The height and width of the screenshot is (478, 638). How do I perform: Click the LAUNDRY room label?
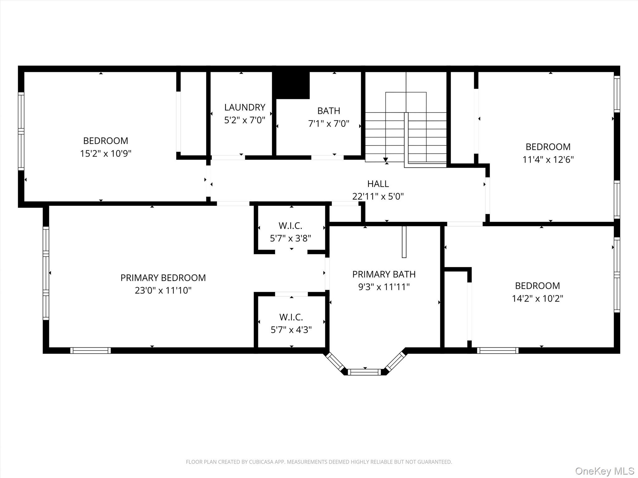click(245, 107)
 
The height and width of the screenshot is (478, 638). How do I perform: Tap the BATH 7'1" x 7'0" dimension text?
click(329, 124)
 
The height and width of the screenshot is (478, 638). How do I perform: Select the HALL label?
click(378, 184)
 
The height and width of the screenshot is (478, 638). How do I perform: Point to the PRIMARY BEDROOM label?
click(163, 278)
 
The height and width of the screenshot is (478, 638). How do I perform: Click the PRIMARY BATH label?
click(384, 274)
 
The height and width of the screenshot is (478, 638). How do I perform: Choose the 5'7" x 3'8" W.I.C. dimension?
click(290, 238)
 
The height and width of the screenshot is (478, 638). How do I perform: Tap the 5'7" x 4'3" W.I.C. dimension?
click(291, 330)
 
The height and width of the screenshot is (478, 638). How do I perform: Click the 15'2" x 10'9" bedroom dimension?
click(106, 154)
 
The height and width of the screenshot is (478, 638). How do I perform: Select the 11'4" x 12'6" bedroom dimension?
click(548, 160)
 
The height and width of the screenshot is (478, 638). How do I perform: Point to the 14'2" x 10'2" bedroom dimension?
click(537, 299)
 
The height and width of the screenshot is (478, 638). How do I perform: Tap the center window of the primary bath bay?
click(364, 372)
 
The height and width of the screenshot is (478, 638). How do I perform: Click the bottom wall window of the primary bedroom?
click(90, 350)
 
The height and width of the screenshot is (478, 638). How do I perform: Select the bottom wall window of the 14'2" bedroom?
click(498, 350)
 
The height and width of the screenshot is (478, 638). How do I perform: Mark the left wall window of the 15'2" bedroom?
click(21, 131)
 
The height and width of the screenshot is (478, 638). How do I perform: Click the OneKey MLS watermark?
click(605, 471)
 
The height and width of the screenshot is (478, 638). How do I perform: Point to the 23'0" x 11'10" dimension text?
click(163, 291)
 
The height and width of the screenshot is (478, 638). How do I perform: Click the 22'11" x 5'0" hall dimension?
click(378, 197)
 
